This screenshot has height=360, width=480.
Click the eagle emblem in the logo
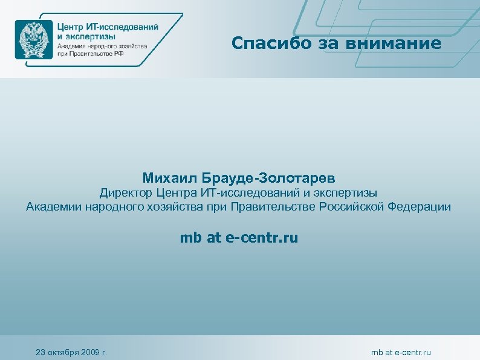point(34,39)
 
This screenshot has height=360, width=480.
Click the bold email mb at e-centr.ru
point(239,238)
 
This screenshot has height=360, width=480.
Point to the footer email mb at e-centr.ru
point(401,352)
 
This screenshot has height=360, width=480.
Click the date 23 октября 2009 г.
point(71,352)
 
